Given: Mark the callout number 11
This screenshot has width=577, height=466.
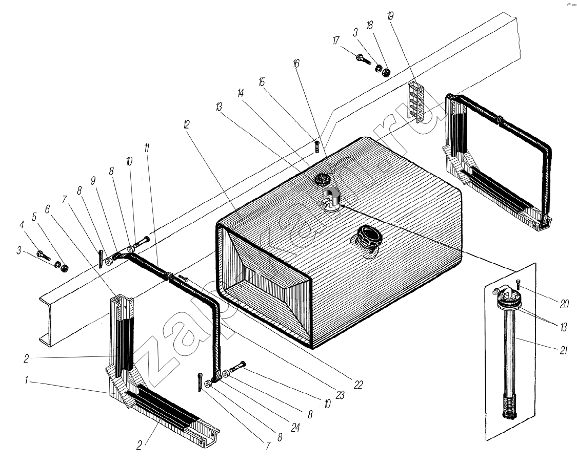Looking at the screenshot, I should (147, 148).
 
